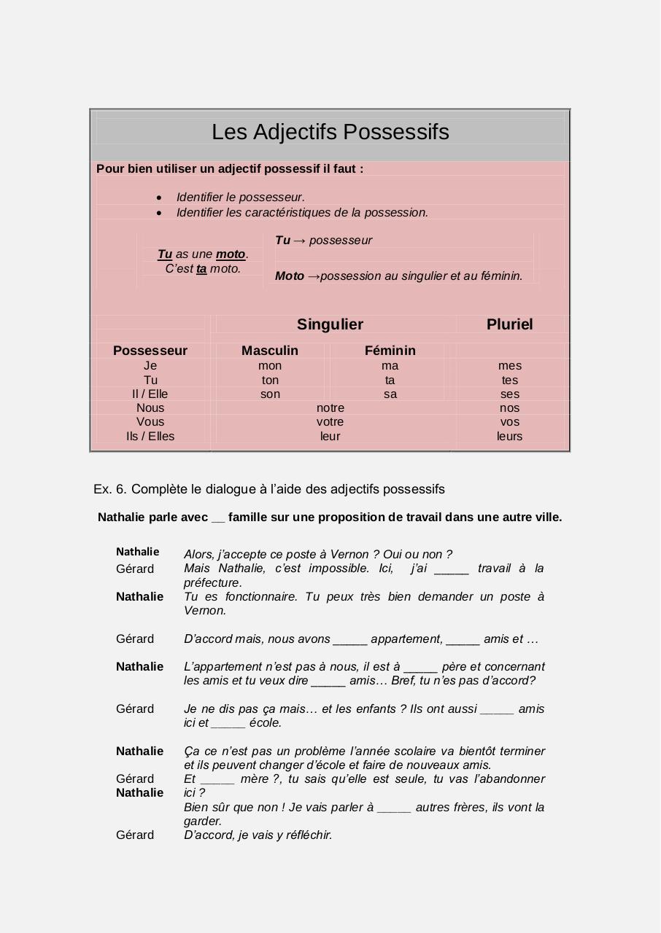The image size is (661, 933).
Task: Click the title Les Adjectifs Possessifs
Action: pyautogui.click(x=330, y=132)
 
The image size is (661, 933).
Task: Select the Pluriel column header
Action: pyautogui.click(x=509, y=324)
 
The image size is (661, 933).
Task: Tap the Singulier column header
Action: pyautogui.click(x=330, y=324)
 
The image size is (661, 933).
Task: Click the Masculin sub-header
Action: pyautogui.click(x=270, y=351)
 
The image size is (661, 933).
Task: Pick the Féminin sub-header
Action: pyautogui.click(x=390, y=351)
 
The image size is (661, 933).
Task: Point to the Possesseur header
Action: pyautogui.click(x=150, y=351)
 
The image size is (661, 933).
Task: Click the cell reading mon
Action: pyautogui.click(x=270, y=366)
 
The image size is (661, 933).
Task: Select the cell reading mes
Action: pyautogui.click(x=510, y=366)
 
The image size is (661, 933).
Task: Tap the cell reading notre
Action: pyautogui.click(x=330, y=408)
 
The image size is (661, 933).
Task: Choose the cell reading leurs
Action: pyautogui.click(x=510, y=437)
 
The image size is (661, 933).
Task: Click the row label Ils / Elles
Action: pyautogui.click(x=150, y=437)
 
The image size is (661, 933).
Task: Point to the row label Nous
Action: pyautogui.click(x=150, y=408)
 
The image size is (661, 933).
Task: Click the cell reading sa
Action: pyautogui.click(x=390, y=394)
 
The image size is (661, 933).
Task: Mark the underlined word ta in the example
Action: pyautogui.click(x=201, y=269)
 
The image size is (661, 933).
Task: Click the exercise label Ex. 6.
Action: pyautogui.click(x=110, y=489)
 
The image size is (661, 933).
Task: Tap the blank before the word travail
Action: pyautogui.click(x=451, y=569)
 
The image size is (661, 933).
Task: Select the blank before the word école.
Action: pyautogui.click(x=228, y=723)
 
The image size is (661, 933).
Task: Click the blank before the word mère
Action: pyautogui.click(x=217, y=779)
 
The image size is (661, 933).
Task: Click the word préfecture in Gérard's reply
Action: pyautogui.click(x=212, y=583)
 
